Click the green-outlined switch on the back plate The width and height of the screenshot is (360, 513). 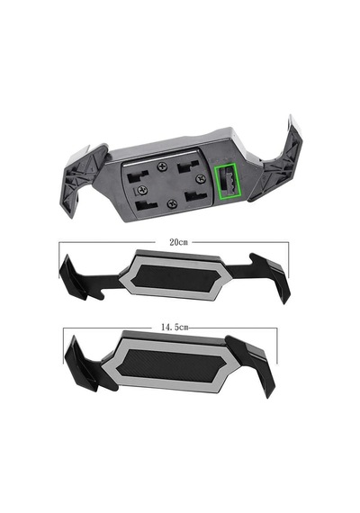pos(227,181)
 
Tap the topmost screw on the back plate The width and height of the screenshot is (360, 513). pos(162,166)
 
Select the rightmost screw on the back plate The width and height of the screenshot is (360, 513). pos(200,178)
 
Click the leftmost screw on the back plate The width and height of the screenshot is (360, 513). pos(143,189)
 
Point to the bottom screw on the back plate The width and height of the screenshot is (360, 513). pos(172,204)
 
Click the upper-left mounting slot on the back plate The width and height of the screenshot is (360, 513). pos(138,177)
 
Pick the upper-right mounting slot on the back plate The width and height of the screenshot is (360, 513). pos(188,167)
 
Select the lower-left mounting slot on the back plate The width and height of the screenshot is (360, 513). pos(146,205)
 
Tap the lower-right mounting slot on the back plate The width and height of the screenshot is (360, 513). pos(195,196)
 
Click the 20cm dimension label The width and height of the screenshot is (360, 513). pos(178,242)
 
